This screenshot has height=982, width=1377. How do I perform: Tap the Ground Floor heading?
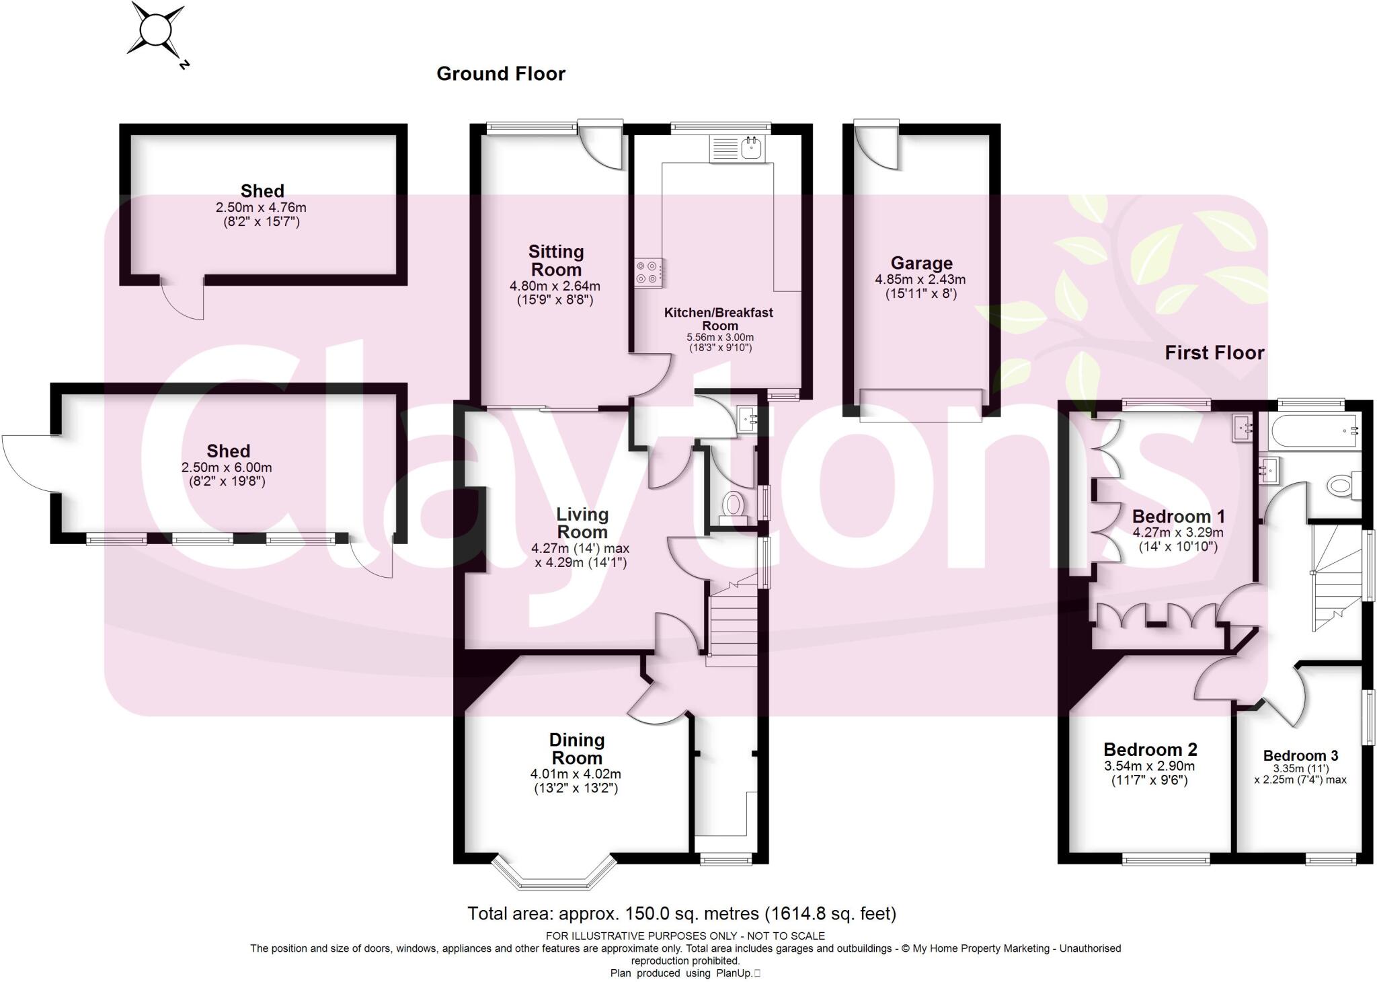(x=501, y=74)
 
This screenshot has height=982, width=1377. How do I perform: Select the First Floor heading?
(x=1214, y=353)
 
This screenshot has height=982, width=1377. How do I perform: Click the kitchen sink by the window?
(x=738, y=149)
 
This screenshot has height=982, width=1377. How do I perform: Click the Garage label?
(x=921, y=263)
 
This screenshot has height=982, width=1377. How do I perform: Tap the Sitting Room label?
(x=555, y=261)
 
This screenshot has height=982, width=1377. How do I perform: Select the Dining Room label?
(x=576, y=749)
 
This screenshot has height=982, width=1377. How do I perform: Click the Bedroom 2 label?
(x=1150, y=749)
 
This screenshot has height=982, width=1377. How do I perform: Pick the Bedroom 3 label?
(x=1300, y=755)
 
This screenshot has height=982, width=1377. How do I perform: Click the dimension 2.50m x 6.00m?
(x=227, y=467)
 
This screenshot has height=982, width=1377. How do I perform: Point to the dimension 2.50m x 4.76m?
(x=261, y=208)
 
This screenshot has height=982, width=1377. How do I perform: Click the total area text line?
(x=682, y=913)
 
